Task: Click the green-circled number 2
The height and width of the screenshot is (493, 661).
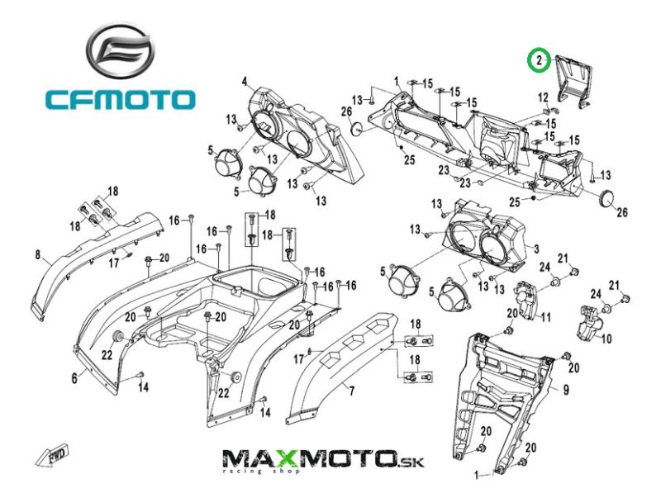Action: pos(539,59)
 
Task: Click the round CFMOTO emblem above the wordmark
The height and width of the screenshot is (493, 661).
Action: pos(121,52)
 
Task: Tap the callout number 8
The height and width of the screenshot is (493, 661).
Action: pos(37,255)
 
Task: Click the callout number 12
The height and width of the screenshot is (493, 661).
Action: pos(543,97)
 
